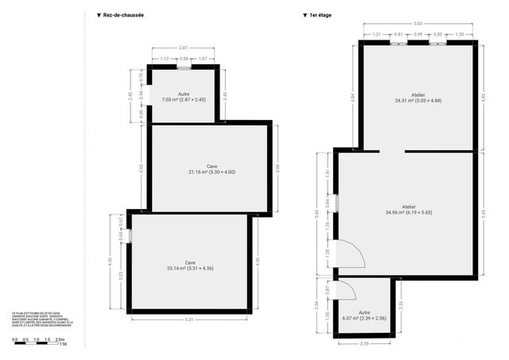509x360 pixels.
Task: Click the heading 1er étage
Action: click(319, 15)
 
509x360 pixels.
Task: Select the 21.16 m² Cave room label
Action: click(212, 169)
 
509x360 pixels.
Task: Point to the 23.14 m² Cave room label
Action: click(189, 265)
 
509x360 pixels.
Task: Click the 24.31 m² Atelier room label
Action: click(418, 99)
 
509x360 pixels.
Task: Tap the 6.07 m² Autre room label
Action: click(363, 315)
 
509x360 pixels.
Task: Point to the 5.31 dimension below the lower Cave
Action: click(190, 320)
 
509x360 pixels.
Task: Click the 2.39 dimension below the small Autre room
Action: click(363, 343)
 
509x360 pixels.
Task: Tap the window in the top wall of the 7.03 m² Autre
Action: click(184, 68)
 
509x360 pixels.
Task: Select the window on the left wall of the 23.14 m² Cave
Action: click(130, 236)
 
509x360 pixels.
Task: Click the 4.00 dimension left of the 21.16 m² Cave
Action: click(142, 168)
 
